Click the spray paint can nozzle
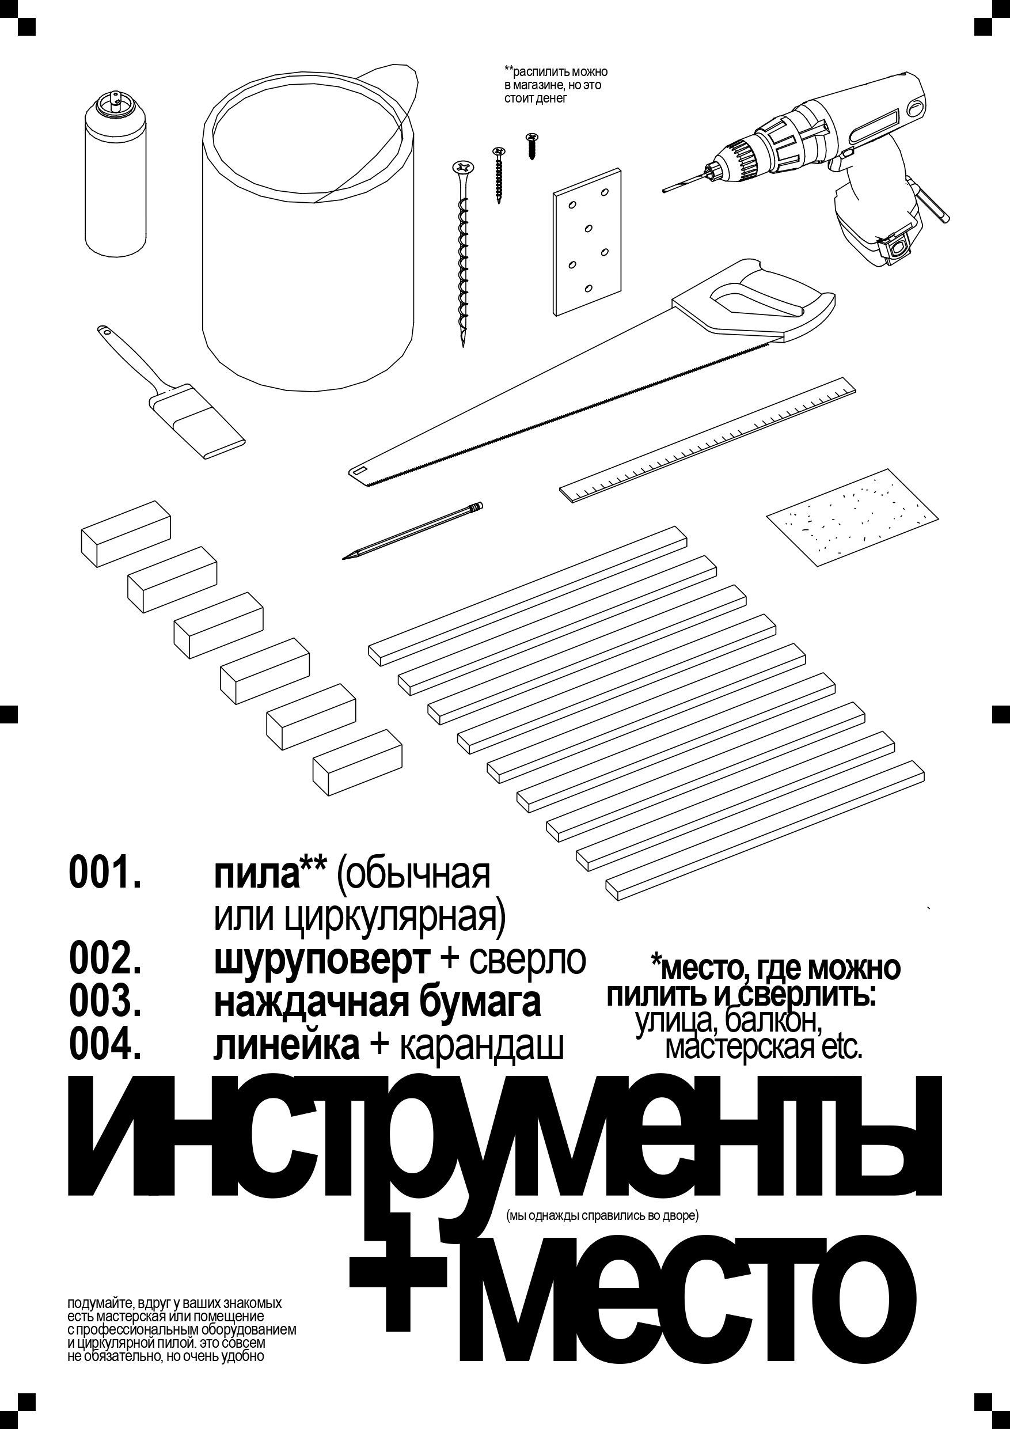[x=115, y=100]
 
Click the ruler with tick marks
[x=709, y=439]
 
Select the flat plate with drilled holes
[x=587, y=242]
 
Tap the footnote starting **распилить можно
[x=555, y=85]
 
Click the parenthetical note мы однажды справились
[x=602, y=1215]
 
